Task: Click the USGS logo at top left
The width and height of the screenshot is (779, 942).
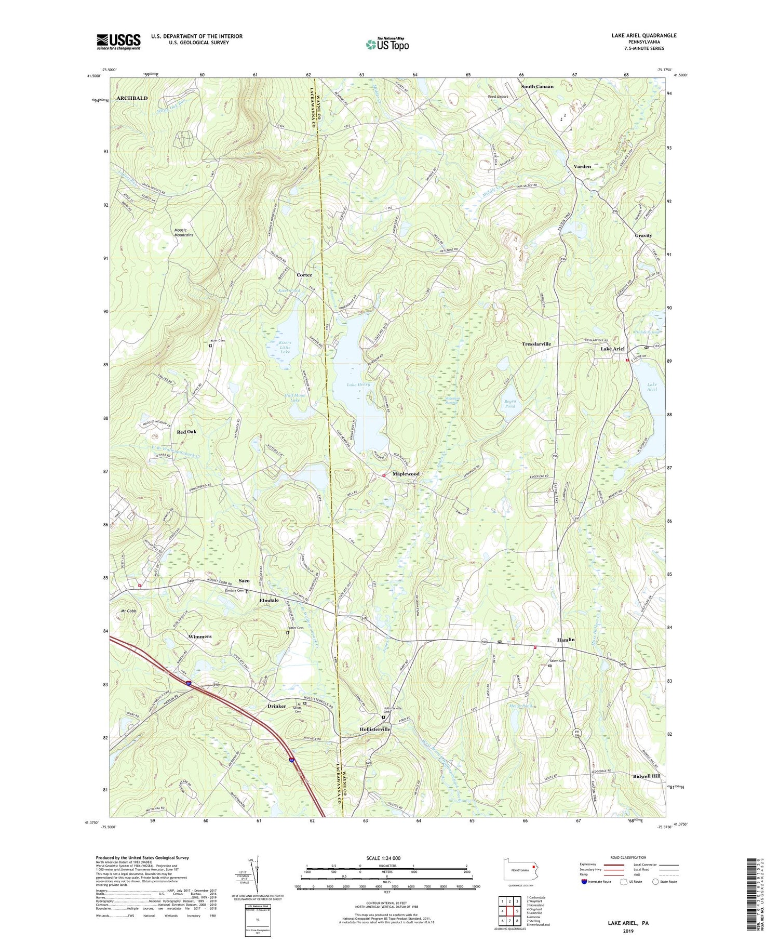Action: (x=118, y=42)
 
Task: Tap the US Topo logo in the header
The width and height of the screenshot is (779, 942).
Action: (x=387, y=45)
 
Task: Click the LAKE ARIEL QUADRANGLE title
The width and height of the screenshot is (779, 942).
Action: (x=644, y=35)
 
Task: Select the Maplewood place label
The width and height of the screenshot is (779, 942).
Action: (x=406, y=474)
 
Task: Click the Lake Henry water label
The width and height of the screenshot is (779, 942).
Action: (x=358, y=384)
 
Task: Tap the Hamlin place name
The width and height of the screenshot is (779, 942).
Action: (x=566, y=640)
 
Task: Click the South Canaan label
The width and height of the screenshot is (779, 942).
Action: (x=537, y=87)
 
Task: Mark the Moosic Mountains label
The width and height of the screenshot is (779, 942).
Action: (x=183, y=232)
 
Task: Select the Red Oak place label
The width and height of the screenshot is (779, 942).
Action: (x=186, y=432)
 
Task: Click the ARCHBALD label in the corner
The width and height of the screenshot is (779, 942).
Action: (x=132, y=98)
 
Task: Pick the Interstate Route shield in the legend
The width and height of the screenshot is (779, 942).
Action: (x=584, y=882)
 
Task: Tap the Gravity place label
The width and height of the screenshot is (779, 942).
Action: (x=643, y=235)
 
